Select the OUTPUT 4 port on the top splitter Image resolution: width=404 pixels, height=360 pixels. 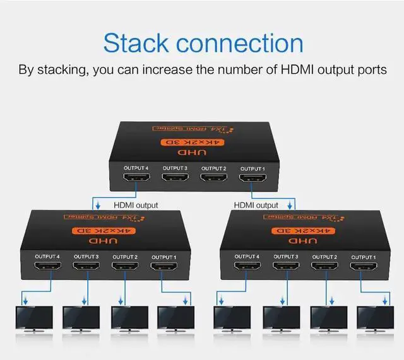click(136, 180)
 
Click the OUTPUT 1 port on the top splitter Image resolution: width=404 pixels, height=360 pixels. click(251, 180)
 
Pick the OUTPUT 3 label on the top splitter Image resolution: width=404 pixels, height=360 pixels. click(175, 168)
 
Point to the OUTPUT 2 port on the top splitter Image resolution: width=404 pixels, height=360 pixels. click(213, 180)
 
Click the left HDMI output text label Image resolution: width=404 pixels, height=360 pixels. click(135, 205)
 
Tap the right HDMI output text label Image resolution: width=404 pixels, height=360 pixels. click(256, 205)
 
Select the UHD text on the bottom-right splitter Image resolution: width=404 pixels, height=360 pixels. click(299, 241)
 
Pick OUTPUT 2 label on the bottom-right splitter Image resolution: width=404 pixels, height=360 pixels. click(324, 257)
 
